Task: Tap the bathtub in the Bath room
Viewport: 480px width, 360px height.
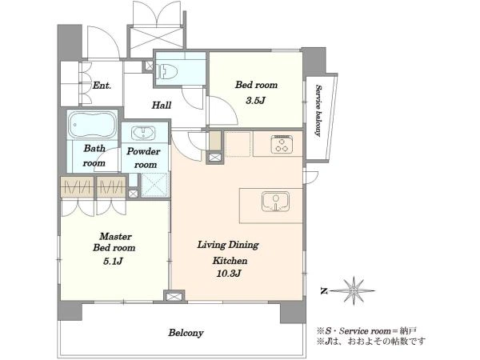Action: click(93, 126)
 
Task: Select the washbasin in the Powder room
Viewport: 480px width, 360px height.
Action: click(143, 133)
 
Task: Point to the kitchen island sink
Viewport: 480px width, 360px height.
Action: click(275, 202)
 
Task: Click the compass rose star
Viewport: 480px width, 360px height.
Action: click(354, 290)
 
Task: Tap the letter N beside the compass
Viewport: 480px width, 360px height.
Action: click(323, 291)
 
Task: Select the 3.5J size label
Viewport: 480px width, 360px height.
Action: click(255, 101)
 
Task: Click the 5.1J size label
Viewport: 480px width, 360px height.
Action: click(114, 261)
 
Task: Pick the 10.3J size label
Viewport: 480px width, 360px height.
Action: click(229, 274)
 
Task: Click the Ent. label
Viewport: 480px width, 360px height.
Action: click(102, 86)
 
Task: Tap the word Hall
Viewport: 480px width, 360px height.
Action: click(162, 106)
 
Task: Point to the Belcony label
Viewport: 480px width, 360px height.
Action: click(186, 333)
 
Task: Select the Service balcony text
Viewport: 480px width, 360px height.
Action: click(318, 110)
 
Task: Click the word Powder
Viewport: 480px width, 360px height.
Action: click(143, 151)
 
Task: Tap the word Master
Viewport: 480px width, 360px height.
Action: click(116, 236)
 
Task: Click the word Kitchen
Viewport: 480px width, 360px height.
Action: click(230, 261)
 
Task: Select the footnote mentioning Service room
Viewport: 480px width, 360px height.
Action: click(366, 331)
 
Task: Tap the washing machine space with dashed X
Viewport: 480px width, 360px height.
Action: click(154, 184)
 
